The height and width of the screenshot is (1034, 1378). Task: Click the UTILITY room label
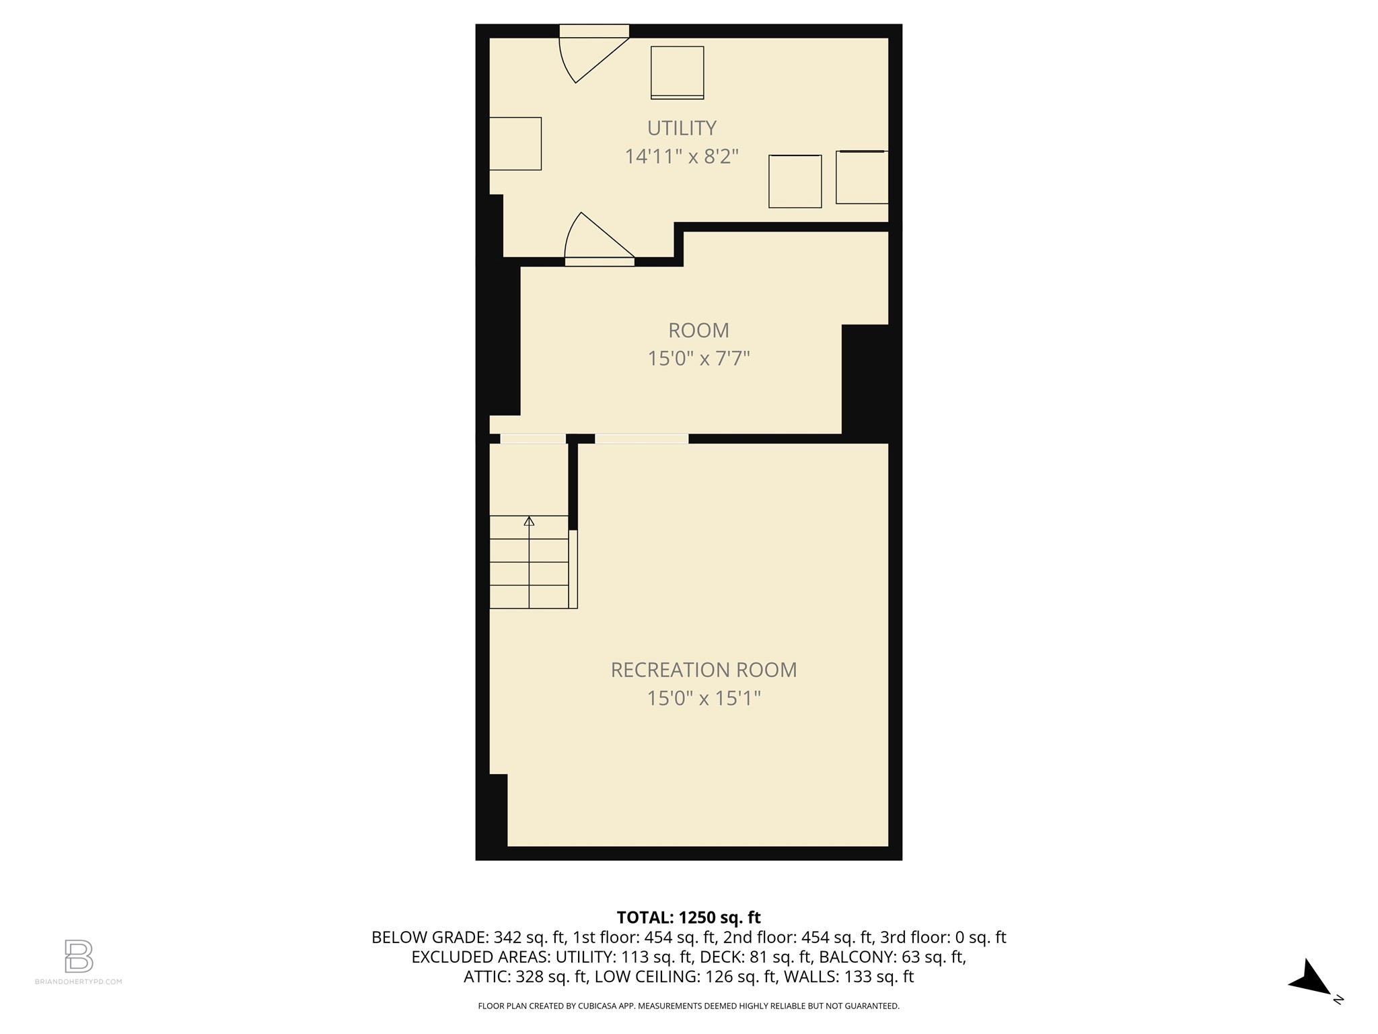[x=682, y=128]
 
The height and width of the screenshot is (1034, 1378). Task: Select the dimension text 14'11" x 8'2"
[x=682, y=157]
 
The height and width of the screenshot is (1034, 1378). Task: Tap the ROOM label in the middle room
[x=698, y=331]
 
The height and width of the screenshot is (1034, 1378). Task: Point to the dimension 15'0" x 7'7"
[x=698, y=358]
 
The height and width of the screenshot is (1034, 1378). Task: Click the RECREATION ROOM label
[x=703, y=670]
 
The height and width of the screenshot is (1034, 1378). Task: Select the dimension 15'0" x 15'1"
[x=703, y=698]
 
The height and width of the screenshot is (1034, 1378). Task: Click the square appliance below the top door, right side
[x=677, y=73]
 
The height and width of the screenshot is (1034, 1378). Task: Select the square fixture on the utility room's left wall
[x=515, y=143]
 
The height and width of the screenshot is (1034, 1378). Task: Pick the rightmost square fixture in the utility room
[x=862, y=177]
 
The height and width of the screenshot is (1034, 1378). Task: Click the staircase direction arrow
[x=529, y=522]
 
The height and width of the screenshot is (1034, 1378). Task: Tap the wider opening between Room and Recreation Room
[x=641, y=439]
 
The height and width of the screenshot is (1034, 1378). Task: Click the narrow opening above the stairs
[x=532, y=439]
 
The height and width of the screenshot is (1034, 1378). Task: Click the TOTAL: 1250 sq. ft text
[x=688, y=918]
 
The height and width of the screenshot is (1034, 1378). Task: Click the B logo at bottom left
[x=79, y=956]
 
